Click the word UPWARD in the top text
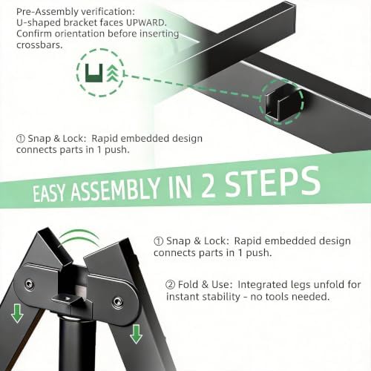point(146,23)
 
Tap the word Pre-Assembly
point(47,12)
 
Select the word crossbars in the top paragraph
point(39,45)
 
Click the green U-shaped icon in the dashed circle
point(93,73)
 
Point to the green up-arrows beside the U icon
point(112,73)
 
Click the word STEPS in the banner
point(272,183)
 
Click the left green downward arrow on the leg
point(17,313)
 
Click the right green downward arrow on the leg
point(136,334)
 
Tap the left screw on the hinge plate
point(30,283)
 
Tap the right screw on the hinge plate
point(117,301)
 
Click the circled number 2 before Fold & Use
point(170,285)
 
